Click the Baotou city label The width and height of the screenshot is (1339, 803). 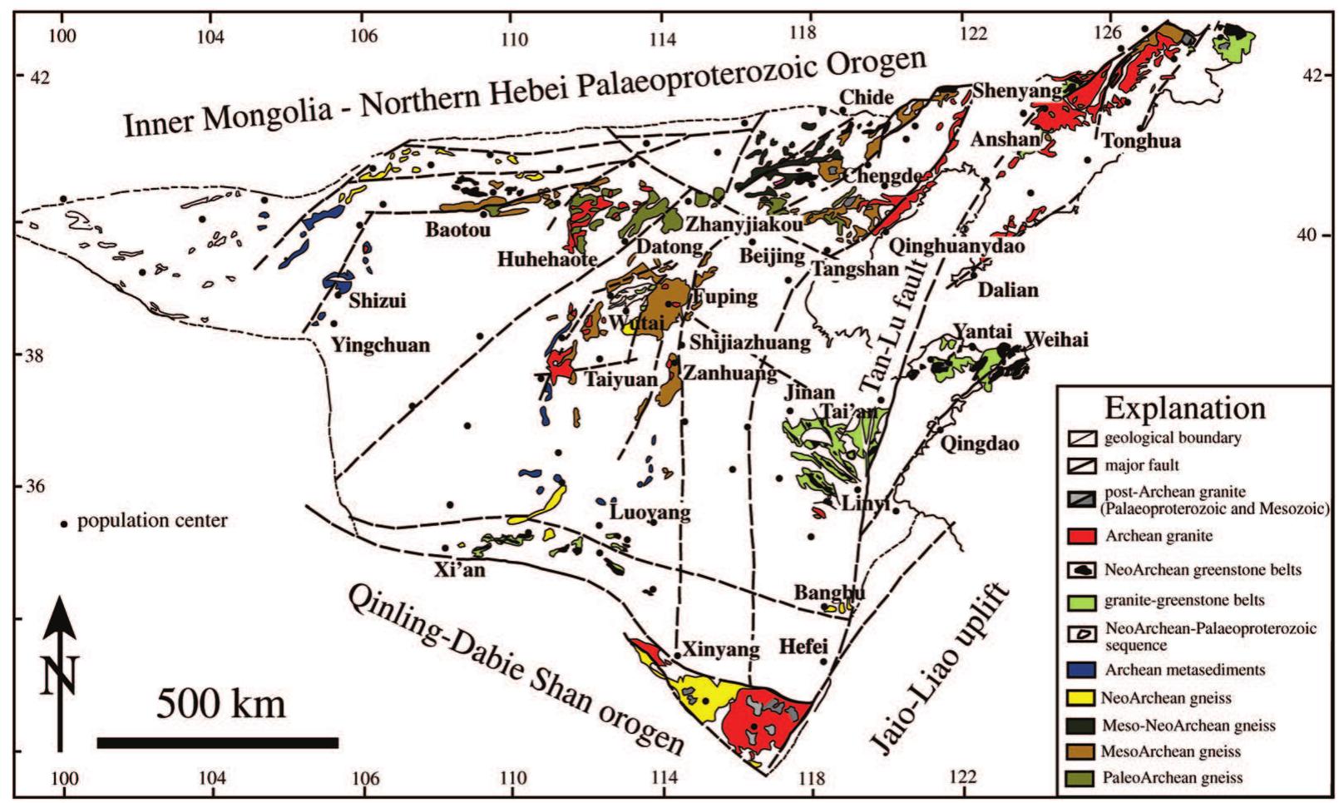coord(457,229)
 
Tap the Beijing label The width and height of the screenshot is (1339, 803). coord(772,255)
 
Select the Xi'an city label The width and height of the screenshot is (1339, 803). coord(459,570)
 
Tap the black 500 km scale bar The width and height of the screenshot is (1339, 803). coord(218,741)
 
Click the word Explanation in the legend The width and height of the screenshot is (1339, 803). coord(1184,408)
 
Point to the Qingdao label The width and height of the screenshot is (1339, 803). coord(979,444)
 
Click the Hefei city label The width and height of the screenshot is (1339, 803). coord(803,645)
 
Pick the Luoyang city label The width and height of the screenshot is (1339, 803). coord(650,512)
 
